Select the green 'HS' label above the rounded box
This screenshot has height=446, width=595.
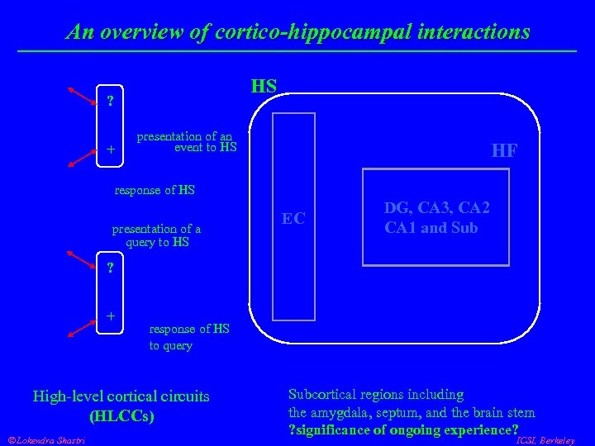[x=264, y=86]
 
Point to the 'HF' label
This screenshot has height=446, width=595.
[x=504, y=150]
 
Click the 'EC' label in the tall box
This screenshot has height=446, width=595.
[x=293, y=219]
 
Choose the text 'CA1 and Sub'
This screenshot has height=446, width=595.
[x=431, y=228]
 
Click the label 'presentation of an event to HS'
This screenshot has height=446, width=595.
[x=186, y=142]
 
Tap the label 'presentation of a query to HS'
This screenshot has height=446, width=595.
[x=156, y=235]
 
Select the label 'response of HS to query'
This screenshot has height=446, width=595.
[x=188, y=337]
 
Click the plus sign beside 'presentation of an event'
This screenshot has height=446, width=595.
[x=110, y=149]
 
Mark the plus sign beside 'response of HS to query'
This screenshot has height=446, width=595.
[x=110, y=316]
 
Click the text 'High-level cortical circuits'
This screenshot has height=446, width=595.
[x=121, y=396]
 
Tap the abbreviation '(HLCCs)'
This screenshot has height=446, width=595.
[x=121, y=415]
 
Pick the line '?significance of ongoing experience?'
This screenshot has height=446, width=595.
[x=402, y=430]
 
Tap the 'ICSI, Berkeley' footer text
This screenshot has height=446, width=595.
[x=545, y=441]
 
